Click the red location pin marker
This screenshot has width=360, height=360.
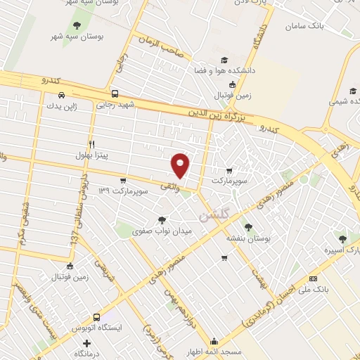click(x=181, y=165)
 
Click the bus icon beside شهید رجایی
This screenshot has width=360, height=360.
click(x=115, y=93)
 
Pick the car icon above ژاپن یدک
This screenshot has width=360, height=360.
click(x=61, y=94)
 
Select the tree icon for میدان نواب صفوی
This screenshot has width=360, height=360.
click(x=162, y=220)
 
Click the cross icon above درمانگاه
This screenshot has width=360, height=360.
click(x=86, y=344)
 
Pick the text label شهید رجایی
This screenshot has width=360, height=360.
click(x=115, y=105)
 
